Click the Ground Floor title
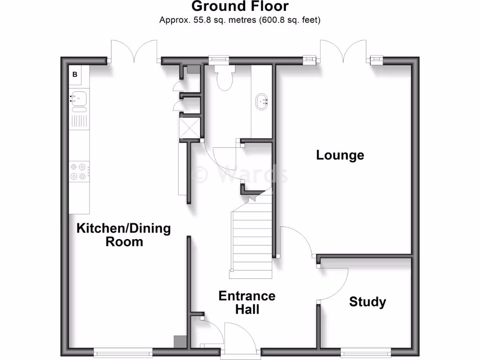tap(240, 7)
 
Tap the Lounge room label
tap(340, 155)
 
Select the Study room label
tap(367, 302)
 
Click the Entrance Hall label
tap(247, 302)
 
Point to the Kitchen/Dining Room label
tap(124, 235)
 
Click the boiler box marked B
tap(75, 75)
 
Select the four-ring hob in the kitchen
tap(79, 171)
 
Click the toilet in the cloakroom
tap(223, 75)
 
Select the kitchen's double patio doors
tap(135, 52)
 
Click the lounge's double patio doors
tap(344, 52)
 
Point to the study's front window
tap(366, 352)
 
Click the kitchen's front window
tap(123, 352)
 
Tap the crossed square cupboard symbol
tap(190, 127)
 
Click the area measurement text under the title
tap(240, 20)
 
